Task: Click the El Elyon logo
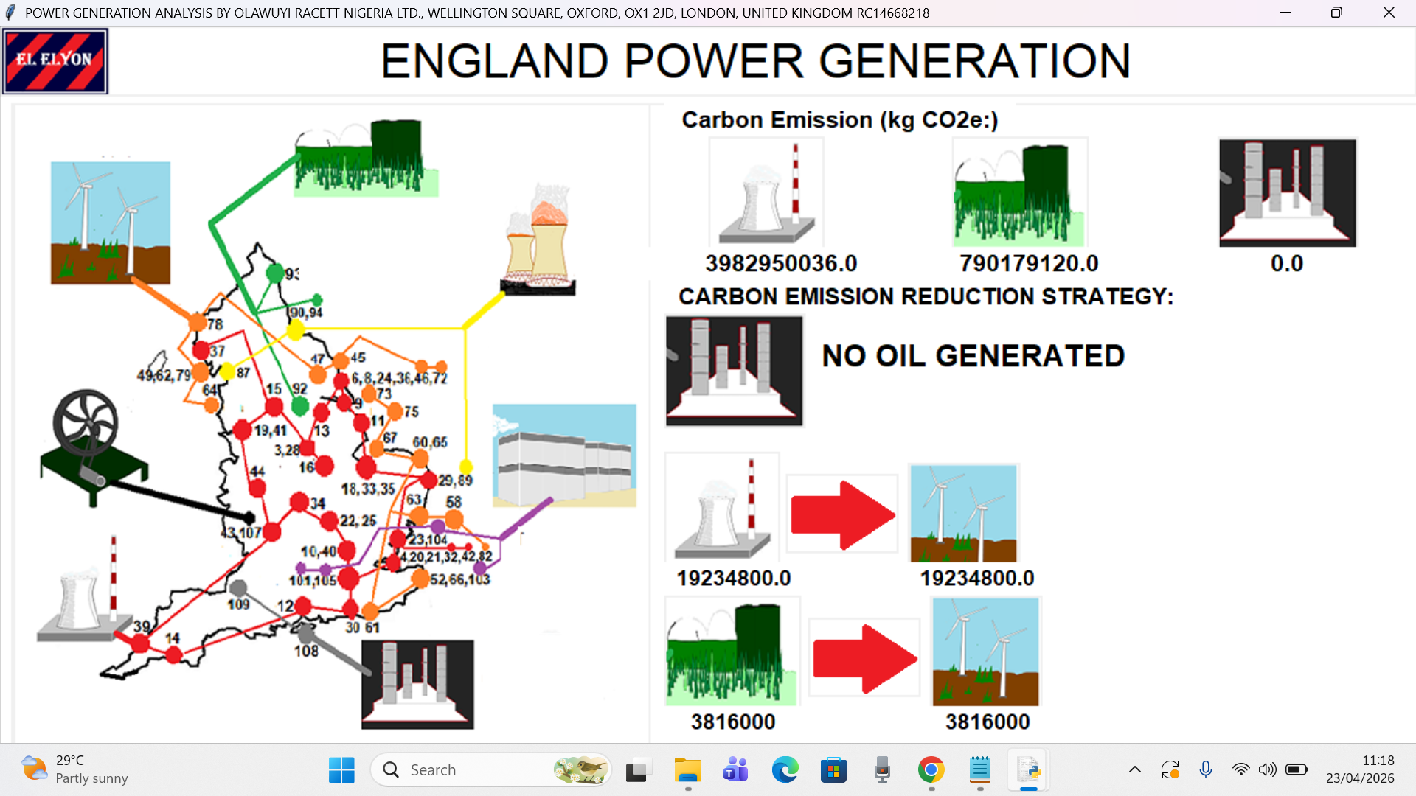55,61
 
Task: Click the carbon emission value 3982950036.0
781,263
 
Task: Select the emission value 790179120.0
1029,263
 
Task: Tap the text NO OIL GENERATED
973,356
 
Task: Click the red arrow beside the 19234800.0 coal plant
842,514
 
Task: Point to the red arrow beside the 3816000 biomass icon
864,659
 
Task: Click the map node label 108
306,652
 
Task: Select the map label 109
238,604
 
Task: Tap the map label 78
215,324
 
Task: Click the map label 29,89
455,481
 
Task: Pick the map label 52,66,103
460,580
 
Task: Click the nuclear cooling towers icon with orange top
538,243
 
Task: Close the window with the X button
1389,13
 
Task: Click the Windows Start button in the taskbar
341,770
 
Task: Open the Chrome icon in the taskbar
931,770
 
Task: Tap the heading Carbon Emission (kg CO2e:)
839,120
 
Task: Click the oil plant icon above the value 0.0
1287,192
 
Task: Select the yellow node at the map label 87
227,371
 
